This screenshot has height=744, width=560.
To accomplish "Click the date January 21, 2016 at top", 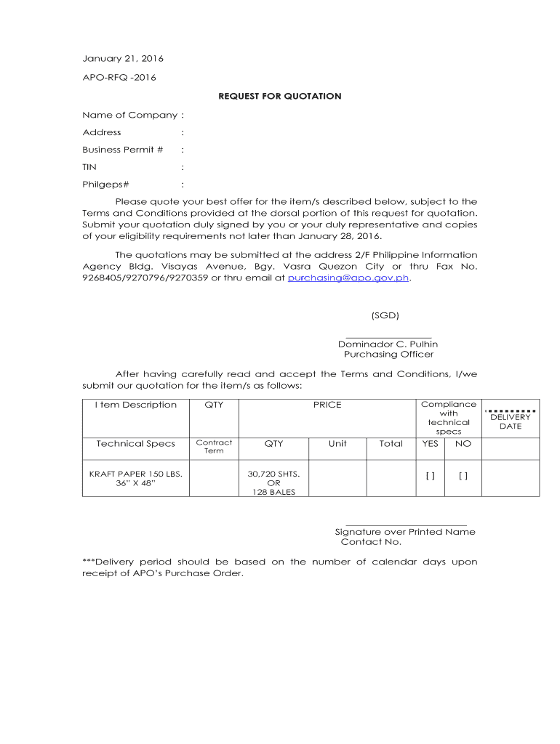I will coord(123,59).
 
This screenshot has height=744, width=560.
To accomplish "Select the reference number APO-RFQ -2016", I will coord(119,77).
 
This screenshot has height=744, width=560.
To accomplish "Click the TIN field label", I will coord(89,167).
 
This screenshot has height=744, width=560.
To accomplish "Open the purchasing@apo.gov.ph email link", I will coord(349,278).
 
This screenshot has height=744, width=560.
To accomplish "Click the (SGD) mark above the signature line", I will coord(385,315).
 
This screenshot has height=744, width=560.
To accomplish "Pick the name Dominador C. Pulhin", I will coord(388,344).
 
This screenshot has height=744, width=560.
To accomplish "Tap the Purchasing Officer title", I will coord(388,355).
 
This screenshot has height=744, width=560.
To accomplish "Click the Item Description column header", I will coord(135,405).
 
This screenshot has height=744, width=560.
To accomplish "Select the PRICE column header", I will coord(327,405).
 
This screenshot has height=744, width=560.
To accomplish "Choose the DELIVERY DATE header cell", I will coord(511,421).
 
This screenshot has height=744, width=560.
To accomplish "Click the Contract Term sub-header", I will coord(214,446).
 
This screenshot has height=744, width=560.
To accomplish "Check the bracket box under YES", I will coord(431,475).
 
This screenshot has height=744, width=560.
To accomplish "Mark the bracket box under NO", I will coord(463,475).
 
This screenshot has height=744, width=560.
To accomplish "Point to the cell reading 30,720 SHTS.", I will coord(273,474).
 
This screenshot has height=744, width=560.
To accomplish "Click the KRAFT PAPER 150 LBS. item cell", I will coord(135,474).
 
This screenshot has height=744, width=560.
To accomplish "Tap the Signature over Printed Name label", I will coord(405,532).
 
